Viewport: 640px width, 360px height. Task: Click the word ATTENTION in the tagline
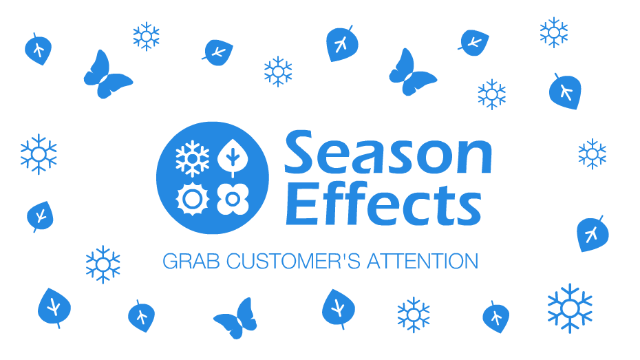423,262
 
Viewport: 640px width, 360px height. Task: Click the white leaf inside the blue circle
233,159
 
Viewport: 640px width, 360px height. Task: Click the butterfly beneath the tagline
236,319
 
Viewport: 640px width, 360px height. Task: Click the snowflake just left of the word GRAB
103,264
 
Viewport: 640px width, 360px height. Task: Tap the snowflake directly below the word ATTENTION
414,314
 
